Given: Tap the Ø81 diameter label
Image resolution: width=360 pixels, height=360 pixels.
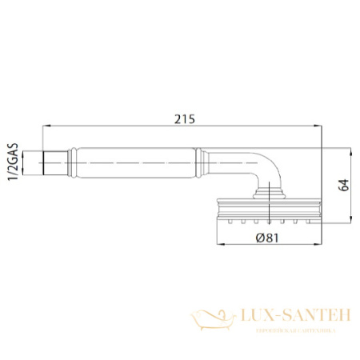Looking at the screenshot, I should tap(268, 238).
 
